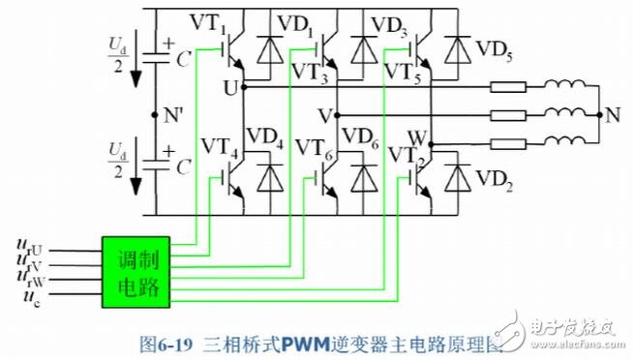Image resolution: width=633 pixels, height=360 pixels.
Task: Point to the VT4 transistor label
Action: (220, 147)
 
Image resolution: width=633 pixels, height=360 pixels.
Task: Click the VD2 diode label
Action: (495, 180)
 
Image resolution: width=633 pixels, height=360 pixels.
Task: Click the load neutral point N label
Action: (611, 115)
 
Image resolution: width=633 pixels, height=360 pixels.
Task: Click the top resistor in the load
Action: (508, 86)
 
